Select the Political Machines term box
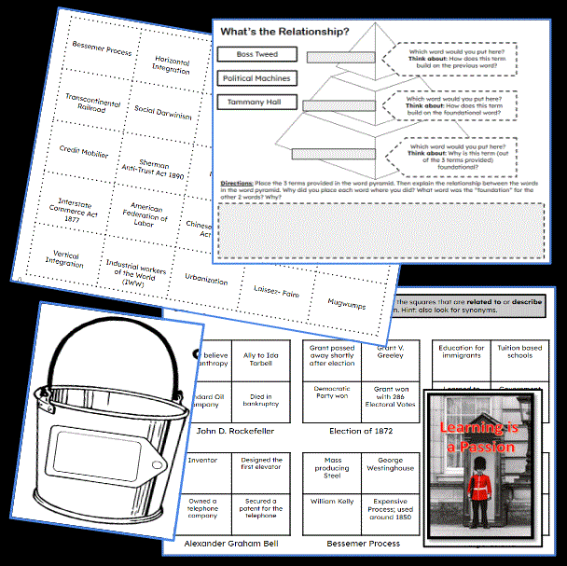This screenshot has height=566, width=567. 256,79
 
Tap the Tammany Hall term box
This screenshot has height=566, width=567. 250,103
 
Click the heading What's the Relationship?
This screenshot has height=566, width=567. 285,32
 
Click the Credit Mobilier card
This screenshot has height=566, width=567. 84,151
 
